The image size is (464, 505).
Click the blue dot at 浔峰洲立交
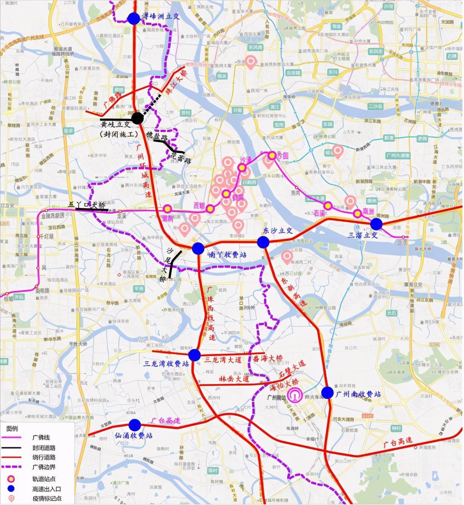coord(133,19)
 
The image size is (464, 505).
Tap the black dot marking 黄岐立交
coord(137,118)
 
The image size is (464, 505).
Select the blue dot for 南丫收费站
coord(198,248)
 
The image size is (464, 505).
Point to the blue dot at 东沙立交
coord(263,242)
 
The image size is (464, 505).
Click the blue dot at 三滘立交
coord(376,224)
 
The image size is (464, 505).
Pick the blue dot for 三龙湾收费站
coord(194,355)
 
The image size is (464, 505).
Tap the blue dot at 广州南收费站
coord(327,393)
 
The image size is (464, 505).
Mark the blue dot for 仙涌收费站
coord(135,425)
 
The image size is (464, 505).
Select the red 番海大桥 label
coord(268,359)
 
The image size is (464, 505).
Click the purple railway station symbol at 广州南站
coord(295,395)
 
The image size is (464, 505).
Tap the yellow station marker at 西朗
coord(210,208)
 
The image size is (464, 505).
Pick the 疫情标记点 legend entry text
coord(46,499)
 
